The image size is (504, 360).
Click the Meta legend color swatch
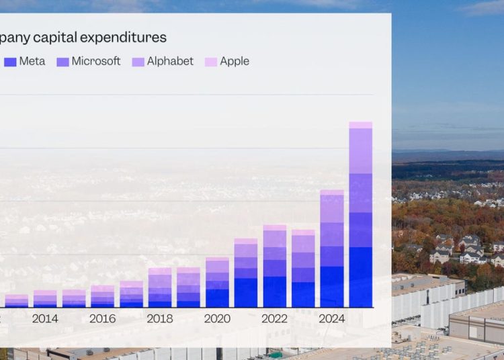10,62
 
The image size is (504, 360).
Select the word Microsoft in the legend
96,61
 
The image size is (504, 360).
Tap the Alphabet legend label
171,61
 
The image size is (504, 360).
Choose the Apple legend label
235,61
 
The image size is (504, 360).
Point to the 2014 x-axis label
45,318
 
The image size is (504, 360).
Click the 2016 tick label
102,318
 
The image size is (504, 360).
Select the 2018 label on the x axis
160,318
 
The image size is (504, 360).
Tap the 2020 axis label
217,318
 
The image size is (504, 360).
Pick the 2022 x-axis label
274,318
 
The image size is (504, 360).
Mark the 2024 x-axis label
332,318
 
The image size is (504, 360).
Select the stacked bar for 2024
332,249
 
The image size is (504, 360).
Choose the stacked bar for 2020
217,282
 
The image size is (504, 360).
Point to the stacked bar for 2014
45,299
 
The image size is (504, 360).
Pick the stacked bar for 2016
102,296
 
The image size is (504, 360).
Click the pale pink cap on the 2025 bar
361,125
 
